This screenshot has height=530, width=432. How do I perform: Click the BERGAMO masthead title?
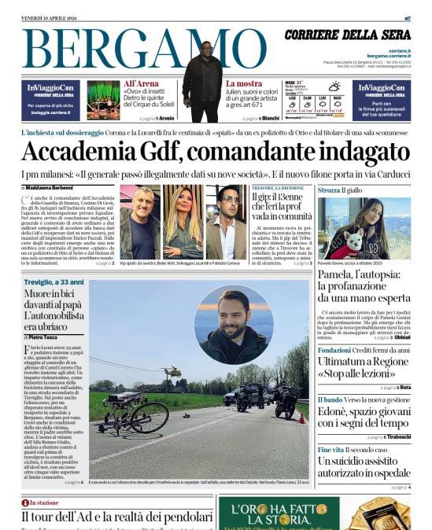tap(118, 49)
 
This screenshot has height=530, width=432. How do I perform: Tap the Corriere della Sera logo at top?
tap(347, 35)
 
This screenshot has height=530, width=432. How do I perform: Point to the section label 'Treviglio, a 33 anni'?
tap(54, 282)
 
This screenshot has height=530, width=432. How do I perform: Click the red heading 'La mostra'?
tap(244, 83)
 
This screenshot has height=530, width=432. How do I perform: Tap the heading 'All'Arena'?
tap(141, 83)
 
